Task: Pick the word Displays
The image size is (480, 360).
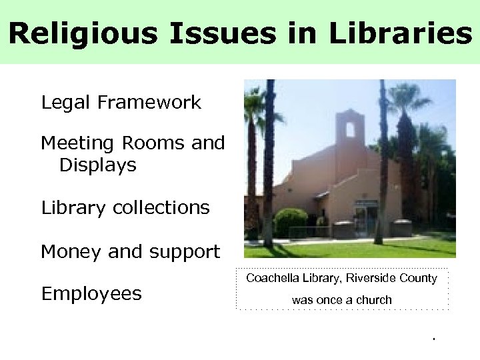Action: point(98,165)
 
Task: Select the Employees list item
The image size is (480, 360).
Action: point(91,294)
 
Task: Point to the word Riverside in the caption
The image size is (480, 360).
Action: point(371,278)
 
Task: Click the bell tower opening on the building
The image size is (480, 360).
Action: point(351,129)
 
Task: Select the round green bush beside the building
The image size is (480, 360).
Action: point(291,222)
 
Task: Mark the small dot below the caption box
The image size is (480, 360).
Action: point(433,339)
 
